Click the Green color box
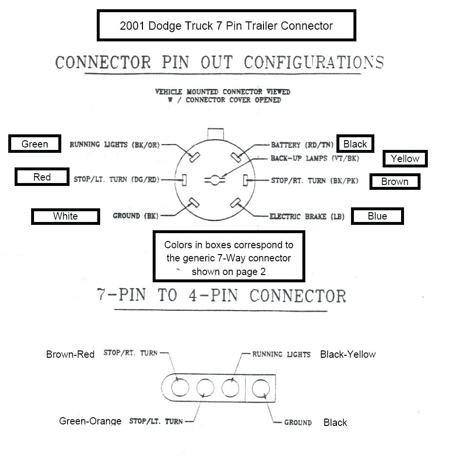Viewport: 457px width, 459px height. click(35, 144)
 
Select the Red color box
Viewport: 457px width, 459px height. click(42, 177)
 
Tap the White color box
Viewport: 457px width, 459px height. click(65, 216)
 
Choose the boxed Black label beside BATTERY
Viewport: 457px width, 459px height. click(355, 144)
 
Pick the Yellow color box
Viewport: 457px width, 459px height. click(405, 159)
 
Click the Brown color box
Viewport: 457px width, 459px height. click(394, 182)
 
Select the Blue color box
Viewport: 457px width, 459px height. click(377, 216)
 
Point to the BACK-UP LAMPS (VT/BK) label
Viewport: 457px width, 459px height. click(315, 158)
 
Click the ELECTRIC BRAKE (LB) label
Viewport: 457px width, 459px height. click(307, 216)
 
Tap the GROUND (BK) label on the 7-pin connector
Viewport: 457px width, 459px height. click(136, 216)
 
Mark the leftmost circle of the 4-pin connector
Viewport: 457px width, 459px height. click(180, 388)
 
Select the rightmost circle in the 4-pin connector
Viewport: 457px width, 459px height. click(261, 388)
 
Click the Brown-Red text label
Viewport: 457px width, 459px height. click(70, 354)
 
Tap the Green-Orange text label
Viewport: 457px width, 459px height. click(90, 421)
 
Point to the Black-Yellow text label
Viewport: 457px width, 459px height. click(348, 354)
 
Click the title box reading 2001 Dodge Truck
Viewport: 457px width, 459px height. click(226, 26)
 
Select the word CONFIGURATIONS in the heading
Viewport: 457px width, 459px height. click(314, 63)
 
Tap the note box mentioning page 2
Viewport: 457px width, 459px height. click(228, 258)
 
